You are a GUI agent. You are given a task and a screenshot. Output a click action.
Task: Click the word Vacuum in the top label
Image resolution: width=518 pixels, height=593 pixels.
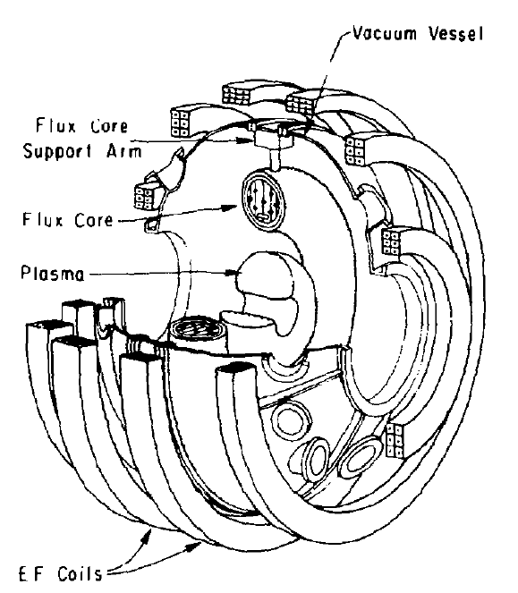pos(385,33)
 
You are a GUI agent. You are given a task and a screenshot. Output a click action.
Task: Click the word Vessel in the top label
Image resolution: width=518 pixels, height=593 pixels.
pos(456,33)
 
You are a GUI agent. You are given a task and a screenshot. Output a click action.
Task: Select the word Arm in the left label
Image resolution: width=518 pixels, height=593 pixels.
pos(123,151)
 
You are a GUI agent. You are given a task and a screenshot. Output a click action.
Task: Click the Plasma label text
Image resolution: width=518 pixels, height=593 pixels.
pos(53,273)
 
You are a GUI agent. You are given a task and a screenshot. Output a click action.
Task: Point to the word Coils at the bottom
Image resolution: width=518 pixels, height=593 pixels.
pos(80,573)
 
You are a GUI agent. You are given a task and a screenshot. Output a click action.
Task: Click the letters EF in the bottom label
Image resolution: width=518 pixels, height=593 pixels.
pos(31,574)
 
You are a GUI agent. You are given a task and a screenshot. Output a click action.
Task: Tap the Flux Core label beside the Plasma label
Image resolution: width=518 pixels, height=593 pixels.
pos(68,220)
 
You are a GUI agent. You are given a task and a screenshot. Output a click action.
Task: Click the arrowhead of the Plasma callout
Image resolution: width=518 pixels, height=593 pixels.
pos(232,273)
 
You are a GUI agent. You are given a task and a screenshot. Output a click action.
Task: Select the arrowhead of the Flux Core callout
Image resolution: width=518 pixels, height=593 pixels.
pos(230,208)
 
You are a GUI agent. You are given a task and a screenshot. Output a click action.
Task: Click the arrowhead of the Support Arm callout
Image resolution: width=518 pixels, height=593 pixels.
pos(246,140)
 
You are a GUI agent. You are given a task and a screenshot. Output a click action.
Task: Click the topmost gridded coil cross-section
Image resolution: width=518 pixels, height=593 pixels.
pos(236,95)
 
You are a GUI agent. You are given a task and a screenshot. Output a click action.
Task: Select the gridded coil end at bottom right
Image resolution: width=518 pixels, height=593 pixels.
pos(395,441)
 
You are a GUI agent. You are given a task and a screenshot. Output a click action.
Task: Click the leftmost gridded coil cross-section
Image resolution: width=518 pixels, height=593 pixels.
pos(144,197)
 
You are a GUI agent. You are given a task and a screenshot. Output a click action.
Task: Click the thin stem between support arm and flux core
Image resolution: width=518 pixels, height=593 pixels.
pos(276,160)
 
